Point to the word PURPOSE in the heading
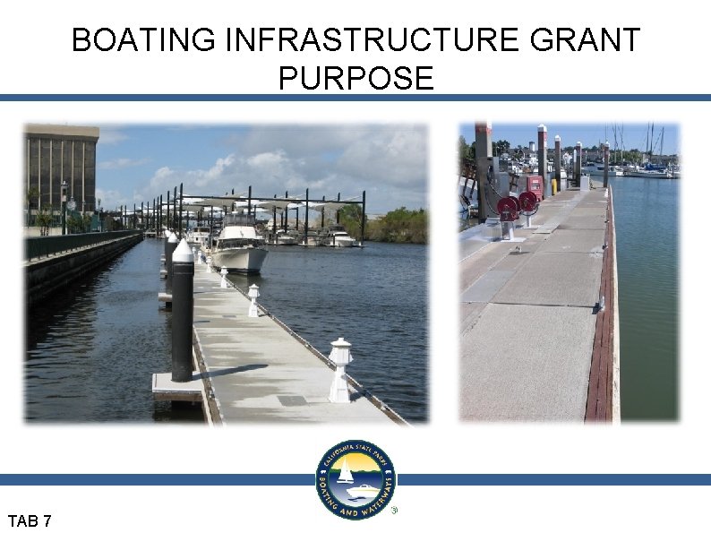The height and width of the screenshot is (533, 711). point(355,79)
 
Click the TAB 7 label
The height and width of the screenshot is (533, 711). point(30,520)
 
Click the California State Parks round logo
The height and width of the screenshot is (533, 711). point(355,479)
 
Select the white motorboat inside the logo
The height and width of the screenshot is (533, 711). point(362,492)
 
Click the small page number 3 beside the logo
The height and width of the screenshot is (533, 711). point(394,511)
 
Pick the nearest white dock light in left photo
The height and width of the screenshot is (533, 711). point(340,369)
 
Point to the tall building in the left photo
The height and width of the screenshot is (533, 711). point(62,170)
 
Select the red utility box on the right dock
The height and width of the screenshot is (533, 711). point(535,186)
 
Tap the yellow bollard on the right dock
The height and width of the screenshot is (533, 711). point(553,185)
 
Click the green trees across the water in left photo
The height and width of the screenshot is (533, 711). point(394,224)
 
